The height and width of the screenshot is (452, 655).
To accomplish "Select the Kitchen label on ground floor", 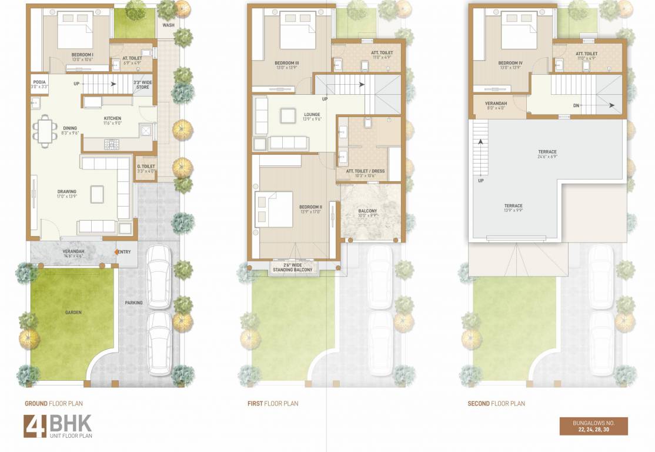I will point(112,120).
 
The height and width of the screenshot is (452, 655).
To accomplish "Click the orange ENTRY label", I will point(123,252).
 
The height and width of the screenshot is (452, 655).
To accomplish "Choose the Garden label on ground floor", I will point(73,313).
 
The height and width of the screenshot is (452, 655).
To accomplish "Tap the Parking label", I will point(133,303).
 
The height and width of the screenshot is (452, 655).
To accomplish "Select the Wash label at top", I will point(168,25).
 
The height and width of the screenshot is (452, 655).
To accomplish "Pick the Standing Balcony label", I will point(293,268).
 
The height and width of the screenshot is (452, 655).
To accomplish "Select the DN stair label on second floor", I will point(576,106).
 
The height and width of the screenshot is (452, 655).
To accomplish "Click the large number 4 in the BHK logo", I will point(34,426).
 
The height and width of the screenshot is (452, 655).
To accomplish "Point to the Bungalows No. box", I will point(593,426).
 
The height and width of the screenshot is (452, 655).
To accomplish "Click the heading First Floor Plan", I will point(273,404).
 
